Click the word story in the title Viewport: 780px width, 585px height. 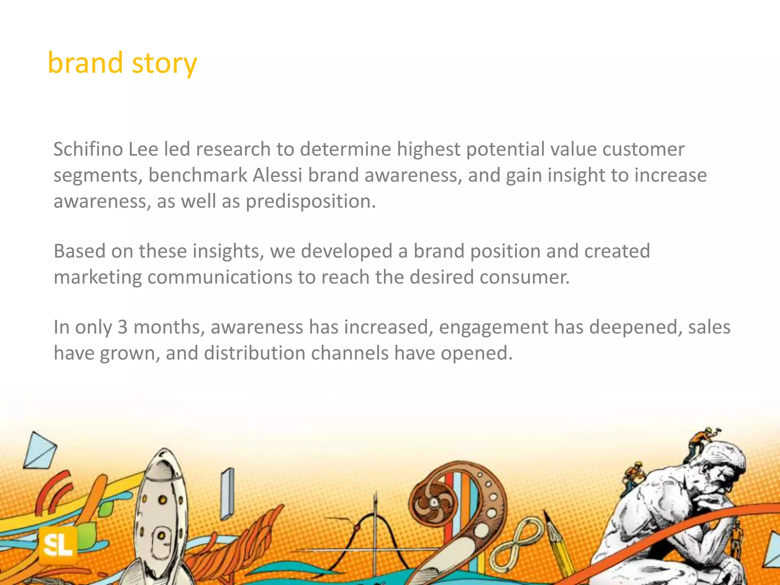(x=164, y=63)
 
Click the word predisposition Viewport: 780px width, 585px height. (x=310, y=201)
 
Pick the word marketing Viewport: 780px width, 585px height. (x=97, y=277)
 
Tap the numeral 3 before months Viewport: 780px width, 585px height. (x=122, y=327)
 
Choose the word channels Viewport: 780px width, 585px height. (x=349, y=353)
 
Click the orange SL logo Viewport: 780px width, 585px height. (x=58, y=546)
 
